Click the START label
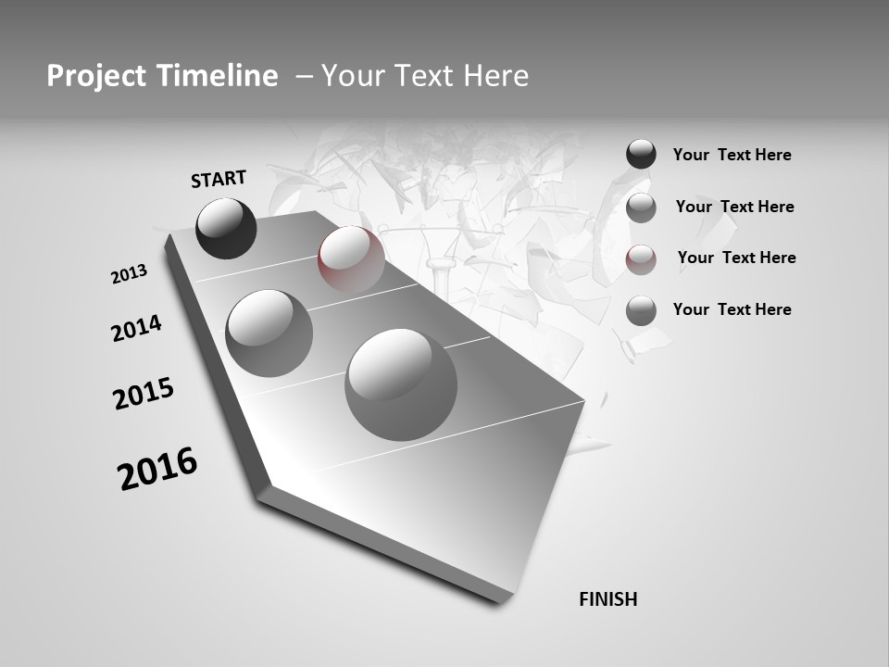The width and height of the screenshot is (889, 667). tap(219, 179)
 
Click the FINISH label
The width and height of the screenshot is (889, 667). tap(608, 599)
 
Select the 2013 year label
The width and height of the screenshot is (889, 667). tap(130, 274)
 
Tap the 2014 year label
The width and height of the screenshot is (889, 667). tap(137, 329)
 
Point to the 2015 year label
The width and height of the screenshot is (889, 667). tap(144, 394)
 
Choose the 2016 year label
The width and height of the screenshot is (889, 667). tap(157, 468)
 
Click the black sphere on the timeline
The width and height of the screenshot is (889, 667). tap(226, 228)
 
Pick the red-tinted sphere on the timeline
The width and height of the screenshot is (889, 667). tap(351, 259)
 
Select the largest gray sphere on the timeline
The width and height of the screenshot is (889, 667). tap(401, 384)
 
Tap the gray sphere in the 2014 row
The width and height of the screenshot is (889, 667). tap(269, 333)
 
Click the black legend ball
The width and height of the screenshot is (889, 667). tap(641, 154)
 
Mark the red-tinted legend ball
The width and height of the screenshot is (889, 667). tap(641, 260)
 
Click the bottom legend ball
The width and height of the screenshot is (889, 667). tap(641, 311)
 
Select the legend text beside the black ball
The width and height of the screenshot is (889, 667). tap(732, 155)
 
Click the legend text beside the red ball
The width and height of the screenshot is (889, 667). tap(736, 258)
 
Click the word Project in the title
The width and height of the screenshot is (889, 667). tap(94, 76)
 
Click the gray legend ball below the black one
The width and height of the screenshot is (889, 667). tap(641, 208)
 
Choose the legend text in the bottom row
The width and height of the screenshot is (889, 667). tap(732, 309)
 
